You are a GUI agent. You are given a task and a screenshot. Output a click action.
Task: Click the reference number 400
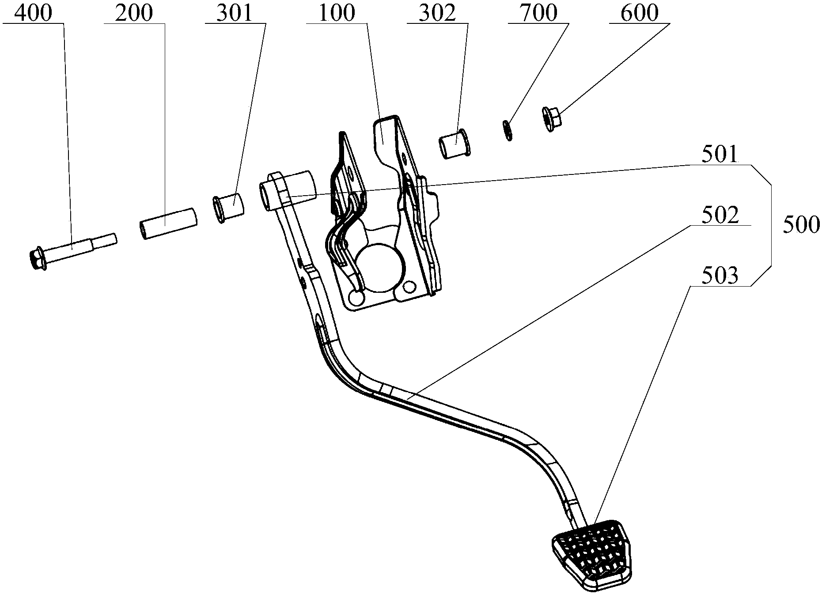(x=33, y=13)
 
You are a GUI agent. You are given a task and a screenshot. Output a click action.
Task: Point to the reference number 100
(x=337, y=13)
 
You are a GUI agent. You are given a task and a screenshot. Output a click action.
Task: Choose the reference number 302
(x=437, y=13)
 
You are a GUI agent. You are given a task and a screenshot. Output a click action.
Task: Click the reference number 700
(x=538, y=13)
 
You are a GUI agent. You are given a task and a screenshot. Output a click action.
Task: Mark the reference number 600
(x=639, y=13)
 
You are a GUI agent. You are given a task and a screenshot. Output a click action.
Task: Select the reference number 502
(x=720, y=216)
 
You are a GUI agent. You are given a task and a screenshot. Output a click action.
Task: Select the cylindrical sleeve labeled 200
(x=168, y=223)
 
